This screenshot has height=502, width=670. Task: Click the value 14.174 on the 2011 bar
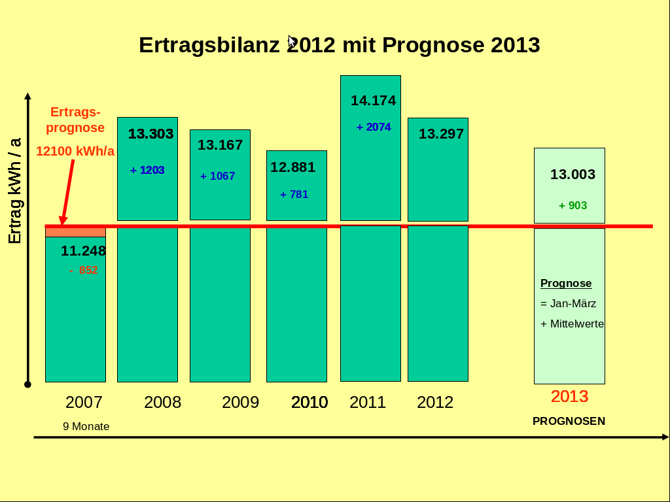click(x=373, y=101)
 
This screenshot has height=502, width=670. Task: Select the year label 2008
click(x=162, y=402)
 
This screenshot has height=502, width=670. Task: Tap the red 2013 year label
click(x=569, y=396)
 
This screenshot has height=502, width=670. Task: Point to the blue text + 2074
click(x=374, y=127)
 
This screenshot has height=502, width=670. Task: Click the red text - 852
click(x=84, y=270)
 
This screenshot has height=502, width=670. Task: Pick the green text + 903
click(x=573, y=205)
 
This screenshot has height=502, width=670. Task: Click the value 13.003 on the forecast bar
click(x=573, y=175)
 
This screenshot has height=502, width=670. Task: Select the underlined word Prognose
click(x=566, y=284)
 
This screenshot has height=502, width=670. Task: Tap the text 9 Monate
click(x=86, y=426)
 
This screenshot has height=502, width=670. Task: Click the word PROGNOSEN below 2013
click(x=569, y=421)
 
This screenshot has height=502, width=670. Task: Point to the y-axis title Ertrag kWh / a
click(x=14, y=191)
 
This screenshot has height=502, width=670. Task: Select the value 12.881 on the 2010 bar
click(x=292, y=167)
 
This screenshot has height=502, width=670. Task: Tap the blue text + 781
click(x=294, y=194)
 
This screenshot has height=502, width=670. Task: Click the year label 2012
click(x=435, y=402)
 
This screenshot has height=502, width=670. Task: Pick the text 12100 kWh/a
click(x=75, y=151)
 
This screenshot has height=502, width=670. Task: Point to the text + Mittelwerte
click(x=572, y=324)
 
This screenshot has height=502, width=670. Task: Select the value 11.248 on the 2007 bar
click(x=83, y=251)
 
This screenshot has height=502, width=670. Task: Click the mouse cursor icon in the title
click(x=291, y=41)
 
